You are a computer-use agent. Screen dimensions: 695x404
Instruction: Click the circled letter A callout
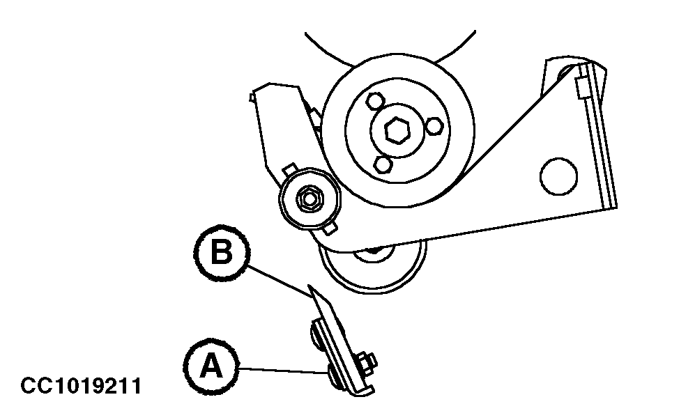click(211, 366)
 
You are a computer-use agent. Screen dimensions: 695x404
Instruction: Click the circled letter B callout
click(222, 253)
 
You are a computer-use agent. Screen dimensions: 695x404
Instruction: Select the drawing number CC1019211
click(81, 386)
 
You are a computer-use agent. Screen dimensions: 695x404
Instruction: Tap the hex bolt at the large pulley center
click(397, 130)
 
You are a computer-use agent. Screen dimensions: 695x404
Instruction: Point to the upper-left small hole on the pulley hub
click(376, 102)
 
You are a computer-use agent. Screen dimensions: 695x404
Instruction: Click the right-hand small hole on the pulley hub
click(434, 126)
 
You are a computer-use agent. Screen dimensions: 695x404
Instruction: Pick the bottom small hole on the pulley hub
click(383, 165)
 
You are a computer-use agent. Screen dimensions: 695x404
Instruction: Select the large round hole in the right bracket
click(558, 176)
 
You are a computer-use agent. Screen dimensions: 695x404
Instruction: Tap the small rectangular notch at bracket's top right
click(581, 87)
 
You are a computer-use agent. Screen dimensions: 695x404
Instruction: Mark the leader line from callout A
click(284, 371)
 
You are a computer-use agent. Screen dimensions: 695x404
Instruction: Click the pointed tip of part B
click(310, 286)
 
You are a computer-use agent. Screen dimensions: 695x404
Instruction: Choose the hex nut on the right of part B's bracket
click(366, 362)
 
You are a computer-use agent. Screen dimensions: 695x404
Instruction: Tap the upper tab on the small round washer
click(289, 169)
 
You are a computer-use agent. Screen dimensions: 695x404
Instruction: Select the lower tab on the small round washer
click(330, 228)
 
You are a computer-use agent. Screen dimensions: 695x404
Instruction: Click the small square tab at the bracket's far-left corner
click(252, 97)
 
